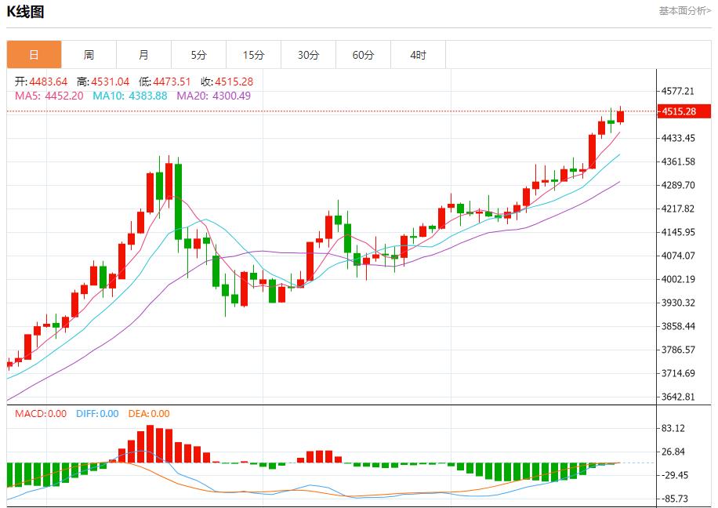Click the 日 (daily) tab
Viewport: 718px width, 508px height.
point(34,55)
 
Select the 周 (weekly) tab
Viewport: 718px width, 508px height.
point(89,55)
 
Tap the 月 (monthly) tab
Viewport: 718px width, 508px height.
point(143,55)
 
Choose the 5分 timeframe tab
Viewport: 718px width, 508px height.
point(198,55)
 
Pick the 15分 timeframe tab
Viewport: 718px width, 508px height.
point(253,55)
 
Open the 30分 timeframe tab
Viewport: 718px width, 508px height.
point(308,55)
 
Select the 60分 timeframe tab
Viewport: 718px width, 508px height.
point(363,55)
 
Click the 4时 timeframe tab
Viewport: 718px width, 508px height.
point(418,55)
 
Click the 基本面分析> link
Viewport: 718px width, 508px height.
point(684,11)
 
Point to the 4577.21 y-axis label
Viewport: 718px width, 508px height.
point(679,91)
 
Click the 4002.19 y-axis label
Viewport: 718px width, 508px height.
point(679,279)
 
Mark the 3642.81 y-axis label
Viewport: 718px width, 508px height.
point(679,397)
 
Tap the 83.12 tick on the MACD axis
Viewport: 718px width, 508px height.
point(674,428)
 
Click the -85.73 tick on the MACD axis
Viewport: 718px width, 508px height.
point(674,499)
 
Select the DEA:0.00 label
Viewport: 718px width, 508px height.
point(149,414)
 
